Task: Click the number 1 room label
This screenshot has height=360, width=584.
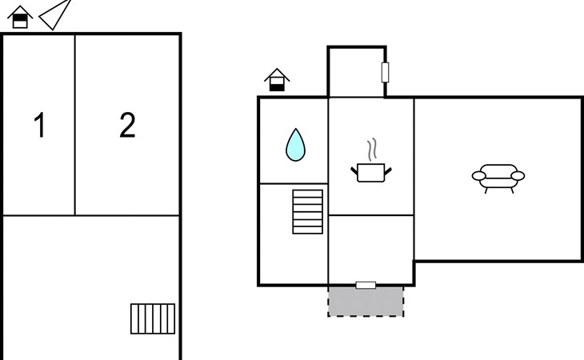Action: coord(39,126)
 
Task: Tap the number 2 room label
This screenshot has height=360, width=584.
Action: coord(127,126)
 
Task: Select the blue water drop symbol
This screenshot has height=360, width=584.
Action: coord(296,145)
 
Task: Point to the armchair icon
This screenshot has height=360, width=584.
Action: coord(498,176)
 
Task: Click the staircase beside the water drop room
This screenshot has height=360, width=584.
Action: coord(308,211)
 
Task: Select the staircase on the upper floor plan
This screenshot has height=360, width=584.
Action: coord(153,318)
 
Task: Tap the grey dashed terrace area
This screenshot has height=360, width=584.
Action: coord(366,301)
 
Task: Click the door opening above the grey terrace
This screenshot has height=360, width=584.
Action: coord(366,285)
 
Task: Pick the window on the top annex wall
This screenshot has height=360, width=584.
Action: coord(386,73)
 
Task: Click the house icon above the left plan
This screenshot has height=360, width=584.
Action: coord(21,18)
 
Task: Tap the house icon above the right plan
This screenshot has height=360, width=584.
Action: coord(277,80)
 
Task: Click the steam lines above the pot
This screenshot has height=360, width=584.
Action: coord(371,150)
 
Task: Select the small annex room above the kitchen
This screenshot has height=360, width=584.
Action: coord(356,73)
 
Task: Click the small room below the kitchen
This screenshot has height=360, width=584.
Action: coord(370,249)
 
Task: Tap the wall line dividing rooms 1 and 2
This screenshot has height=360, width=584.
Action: coord(75,125)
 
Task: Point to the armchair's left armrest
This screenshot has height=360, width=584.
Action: coord(478,175)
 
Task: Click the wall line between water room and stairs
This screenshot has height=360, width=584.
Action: coord(293,184)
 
